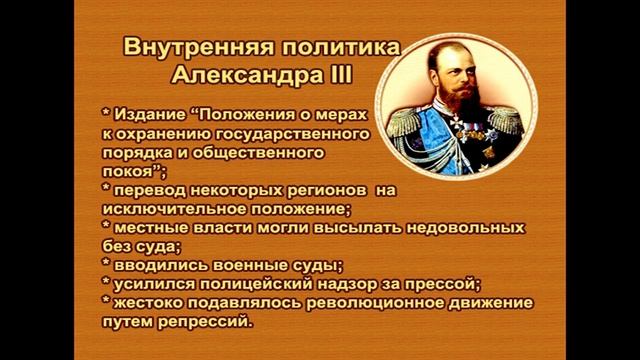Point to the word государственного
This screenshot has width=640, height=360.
[257, 133]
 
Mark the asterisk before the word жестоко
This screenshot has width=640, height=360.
[107, 303]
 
